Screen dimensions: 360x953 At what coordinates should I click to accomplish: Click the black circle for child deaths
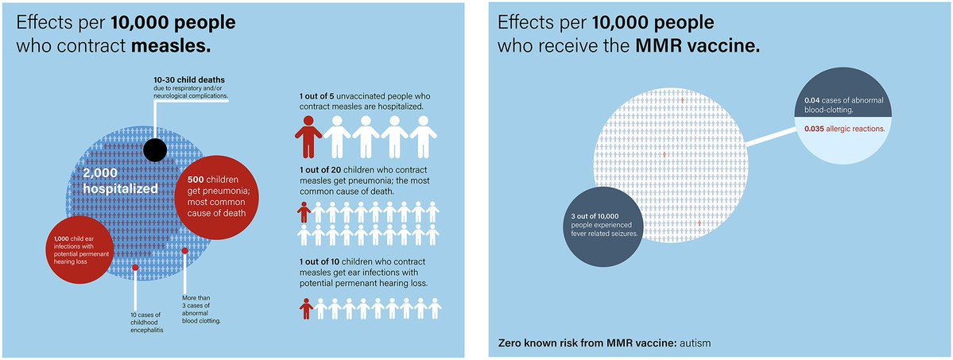[154, 149]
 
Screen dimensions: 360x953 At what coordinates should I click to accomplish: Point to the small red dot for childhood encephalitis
[135, 268]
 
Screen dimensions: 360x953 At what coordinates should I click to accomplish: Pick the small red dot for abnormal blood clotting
[185, 250]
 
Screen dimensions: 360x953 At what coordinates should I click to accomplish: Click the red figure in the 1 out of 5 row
[308, 137]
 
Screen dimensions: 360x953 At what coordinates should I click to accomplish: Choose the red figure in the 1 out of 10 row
[305, 308]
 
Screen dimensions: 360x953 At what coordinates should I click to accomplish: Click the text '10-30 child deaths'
[189, 80]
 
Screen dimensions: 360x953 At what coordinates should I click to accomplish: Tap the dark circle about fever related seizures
[605, 224]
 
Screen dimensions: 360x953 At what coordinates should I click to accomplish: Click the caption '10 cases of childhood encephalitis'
[147, 323]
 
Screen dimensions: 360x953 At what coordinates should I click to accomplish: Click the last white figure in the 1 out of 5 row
[424, 137]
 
